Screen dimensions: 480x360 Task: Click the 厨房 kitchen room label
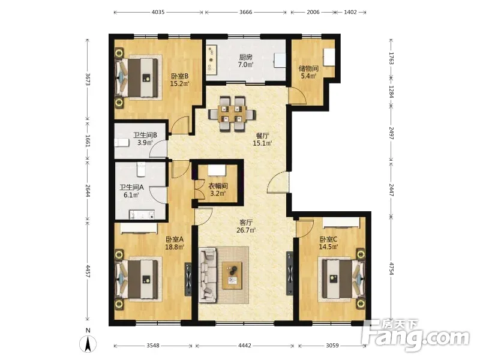245,57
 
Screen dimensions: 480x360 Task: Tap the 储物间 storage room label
308,68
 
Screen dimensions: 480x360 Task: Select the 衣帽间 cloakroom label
218,186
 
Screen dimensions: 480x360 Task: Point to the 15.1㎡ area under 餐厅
262,143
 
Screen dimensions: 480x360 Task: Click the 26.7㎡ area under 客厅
246,230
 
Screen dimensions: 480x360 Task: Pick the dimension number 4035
158,12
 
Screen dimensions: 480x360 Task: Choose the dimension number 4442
245,346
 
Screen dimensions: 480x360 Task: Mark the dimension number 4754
391,268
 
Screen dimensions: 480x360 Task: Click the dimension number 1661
87,141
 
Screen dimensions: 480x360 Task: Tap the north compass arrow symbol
88,344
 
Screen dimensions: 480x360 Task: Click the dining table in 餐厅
232,114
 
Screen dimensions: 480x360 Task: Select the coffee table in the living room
232,275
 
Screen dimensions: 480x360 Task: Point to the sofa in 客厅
208,275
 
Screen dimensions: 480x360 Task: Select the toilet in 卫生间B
122,143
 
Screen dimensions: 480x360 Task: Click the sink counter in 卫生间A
142,214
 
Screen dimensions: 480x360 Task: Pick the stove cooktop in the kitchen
211,58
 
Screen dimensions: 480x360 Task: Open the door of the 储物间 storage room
297,96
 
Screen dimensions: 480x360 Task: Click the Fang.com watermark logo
415,336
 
